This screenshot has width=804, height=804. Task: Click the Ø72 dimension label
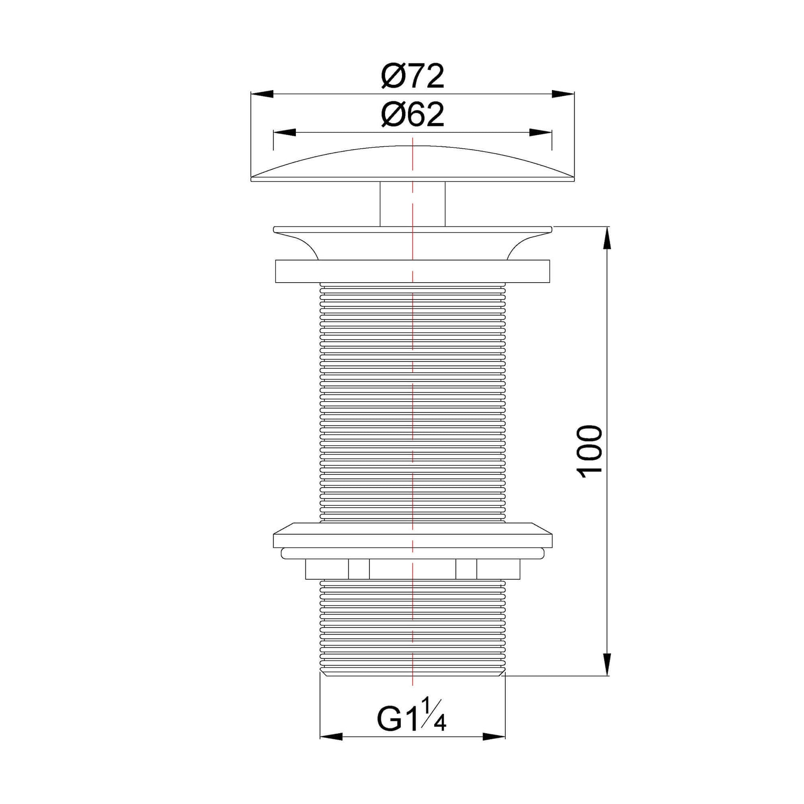412,76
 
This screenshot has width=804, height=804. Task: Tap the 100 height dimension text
590,452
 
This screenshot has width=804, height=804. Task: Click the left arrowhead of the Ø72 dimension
262,94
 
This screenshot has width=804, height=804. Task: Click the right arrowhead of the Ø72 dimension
563,94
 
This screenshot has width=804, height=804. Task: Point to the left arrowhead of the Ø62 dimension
284,132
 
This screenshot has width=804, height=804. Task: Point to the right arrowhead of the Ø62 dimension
540,132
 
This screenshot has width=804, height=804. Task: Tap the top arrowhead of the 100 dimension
608,238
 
